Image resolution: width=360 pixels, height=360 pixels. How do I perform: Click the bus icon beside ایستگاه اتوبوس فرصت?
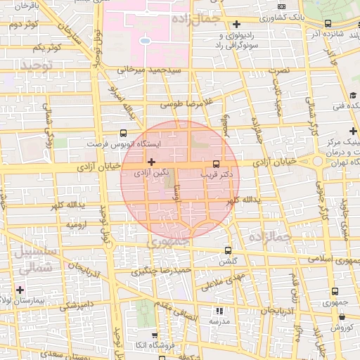pos(124,132)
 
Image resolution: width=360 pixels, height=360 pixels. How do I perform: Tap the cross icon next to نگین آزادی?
pos(150,162)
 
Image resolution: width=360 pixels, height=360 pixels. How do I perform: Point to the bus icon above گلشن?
pos(227,250)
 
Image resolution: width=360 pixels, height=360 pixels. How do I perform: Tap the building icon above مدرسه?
pos(219,309)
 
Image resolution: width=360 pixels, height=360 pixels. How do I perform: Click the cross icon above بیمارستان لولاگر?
pos(20,290)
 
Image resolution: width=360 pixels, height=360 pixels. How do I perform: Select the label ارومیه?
pos(79,224)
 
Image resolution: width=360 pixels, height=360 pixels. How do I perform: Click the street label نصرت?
pos(283,71)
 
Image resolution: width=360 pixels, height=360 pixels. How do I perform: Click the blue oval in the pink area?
pos(145,41)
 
